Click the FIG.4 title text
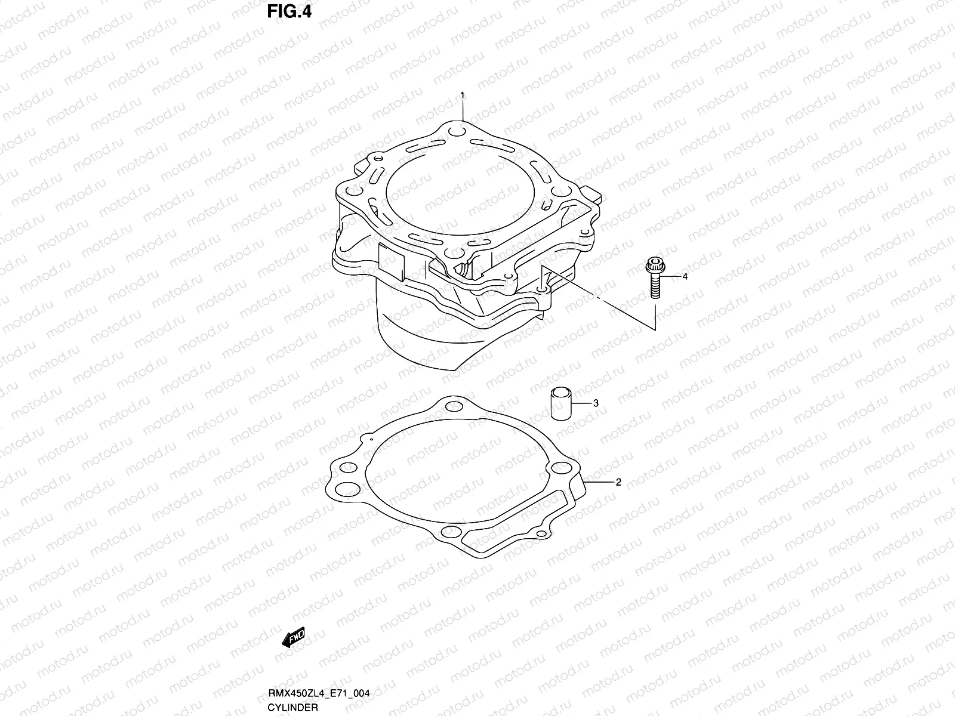289,11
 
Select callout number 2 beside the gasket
618,482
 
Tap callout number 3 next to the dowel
595,403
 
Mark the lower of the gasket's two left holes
343,489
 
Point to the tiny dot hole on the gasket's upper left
371,439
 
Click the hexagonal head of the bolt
651,263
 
